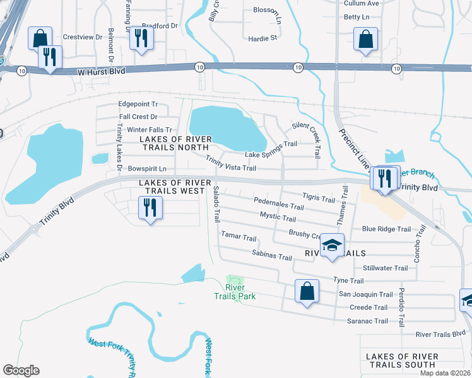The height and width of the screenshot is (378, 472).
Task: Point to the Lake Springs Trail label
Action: (x=271, y=154)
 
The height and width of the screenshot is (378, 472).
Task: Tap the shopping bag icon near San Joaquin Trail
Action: (x=307, y=291)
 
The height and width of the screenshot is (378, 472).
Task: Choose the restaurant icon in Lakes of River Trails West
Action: (x=150, y=207)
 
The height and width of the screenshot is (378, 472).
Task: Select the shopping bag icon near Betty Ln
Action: (x=365, y=39)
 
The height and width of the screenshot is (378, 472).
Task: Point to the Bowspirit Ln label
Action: (x=146, y=169)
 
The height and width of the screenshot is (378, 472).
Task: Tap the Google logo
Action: (x=21, y=370)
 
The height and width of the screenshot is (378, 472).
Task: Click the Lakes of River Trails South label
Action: (x=402, y=360)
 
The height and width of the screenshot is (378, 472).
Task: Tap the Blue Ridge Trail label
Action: (x=386, y=229)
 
